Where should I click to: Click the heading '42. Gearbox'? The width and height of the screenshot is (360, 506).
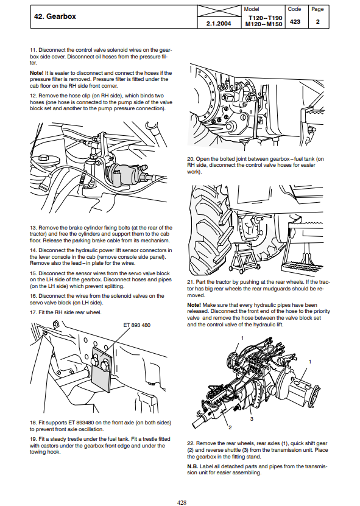(x=55, y=16)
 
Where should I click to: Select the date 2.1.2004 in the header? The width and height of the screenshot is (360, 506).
(x=219, y=24)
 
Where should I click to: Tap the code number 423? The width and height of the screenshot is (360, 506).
(x=295, y=22)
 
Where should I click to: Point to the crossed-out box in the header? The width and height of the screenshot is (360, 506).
(x=219, y=11)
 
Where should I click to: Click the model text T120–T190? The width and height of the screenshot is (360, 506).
(x=266, y=18)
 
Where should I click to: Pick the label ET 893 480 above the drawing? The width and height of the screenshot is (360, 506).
(x=137, y=325)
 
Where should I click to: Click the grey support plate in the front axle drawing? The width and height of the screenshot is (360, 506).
(x=101, y=370)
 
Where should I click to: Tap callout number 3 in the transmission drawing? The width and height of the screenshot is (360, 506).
(x=252, y=419)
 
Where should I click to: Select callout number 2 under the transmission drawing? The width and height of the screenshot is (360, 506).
(x=230, y=427)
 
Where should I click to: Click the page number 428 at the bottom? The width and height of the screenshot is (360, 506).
(x=182, y=502)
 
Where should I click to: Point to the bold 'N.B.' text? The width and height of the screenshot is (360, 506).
(x=192, y=466)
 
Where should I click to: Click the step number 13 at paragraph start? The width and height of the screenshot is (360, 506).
(x=34, y=228)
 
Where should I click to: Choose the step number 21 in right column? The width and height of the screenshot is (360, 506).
(x=191, y=282)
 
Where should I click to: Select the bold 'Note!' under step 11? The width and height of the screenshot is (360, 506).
(x=37, y=73)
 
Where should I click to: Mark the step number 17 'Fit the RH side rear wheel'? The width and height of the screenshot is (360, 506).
(x=34, y=312)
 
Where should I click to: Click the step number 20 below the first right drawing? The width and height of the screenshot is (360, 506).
(x=191, y=159)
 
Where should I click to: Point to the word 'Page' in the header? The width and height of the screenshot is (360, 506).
(x=317, y=9)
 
